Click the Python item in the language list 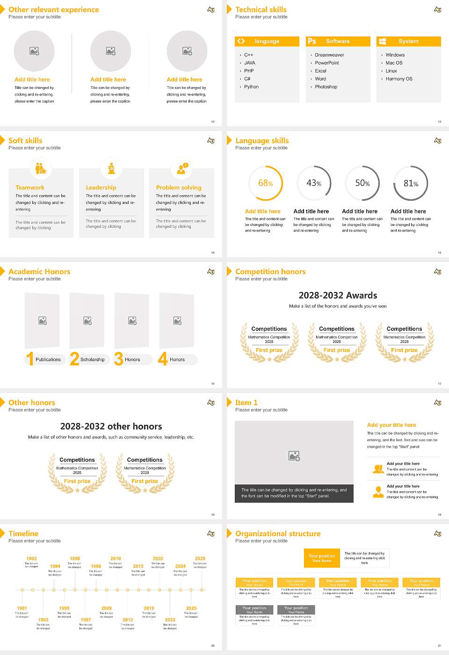pyautogui.click(x=251, y=87)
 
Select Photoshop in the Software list pyautogui.click(x=326, y=87)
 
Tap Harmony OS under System pyautogui.click(x=398, y=79)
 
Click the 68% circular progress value pyautogui.click(x=265, y=183)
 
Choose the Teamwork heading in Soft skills pyautogui.click(x=30, y=188)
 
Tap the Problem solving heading pyautogui.click(x=179, y=188)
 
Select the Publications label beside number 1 pyautogui.click(x=48, y=360)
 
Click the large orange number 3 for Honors pyautogui.click(x=119, y=359)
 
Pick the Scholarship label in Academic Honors pyautogui.click(x=92, y=360)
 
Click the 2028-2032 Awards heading pyautogui.click(x=338, y=296)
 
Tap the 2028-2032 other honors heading pyautogui.click(x=111, y=427)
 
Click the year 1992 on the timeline pyautogui.click(x=31, y=559)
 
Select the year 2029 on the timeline pyautogui.click(x=200, y=559)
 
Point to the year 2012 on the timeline pyautogui.click(x=128, y=620)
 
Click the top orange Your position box pyautogui.click(x=322, y=558)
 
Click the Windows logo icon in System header pyautogui.click(x=382, y=41)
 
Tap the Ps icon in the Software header pyautogui.click(x=312, y=41)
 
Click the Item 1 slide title pyautogui.click(x=246, y=402)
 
